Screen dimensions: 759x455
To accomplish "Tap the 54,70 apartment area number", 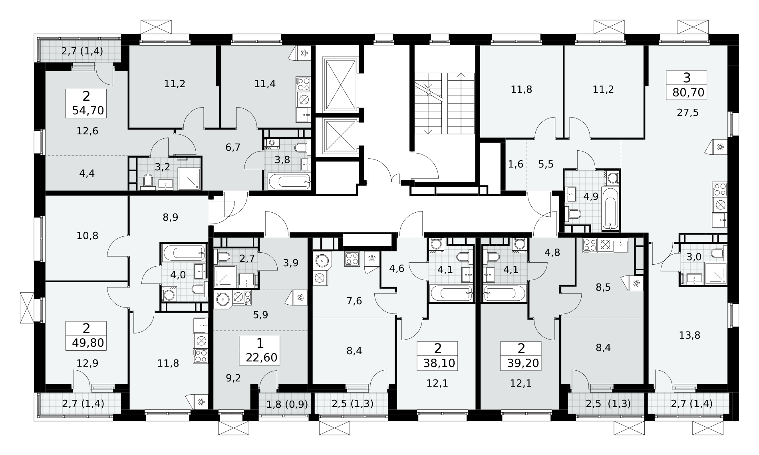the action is coord(88,110).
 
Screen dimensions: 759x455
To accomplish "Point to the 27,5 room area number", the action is coord(687,113).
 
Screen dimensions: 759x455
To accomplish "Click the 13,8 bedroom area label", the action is coord(689,335).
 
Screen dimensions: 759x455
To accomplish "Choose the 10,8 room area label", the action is coord(87,235).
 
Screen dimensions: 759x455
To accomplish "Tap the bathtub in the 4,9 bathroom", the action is coord(610,208).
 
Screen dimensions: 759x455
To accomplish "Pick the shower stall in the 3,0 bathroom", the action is coord(715,273).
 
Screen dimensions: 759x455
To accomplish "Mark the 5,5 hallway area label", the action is coord(546,164).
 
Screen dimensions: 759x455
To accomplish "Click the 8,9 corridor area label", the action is coord(171,217).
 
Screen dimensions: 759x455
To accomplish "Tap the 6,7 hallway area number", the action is coord(232,148).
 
